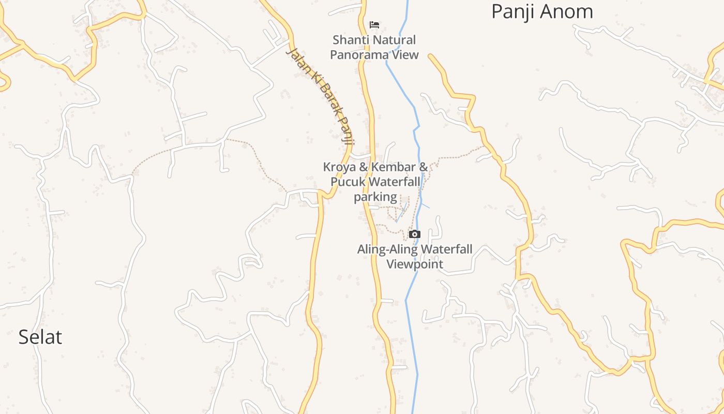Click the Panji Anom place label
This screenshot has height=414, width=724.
click(542, 11)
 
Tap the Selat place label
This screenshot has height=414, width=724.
click(40, 337)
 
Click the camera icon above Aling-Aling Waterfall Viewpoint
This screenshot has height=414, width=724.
click(415, 234)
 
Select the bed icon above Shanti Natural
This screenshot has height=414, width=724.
click(374, 24)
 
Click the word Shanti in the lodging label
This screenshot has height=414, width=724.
click(350, 40)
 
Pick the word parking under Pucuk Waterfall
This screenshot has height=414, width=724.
click(375, 197)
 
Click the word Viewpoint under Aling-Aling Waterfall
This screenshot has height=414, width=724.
click(415, 264)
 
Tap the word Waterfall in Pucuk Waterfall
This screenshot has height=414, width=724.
click(396, 182)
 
